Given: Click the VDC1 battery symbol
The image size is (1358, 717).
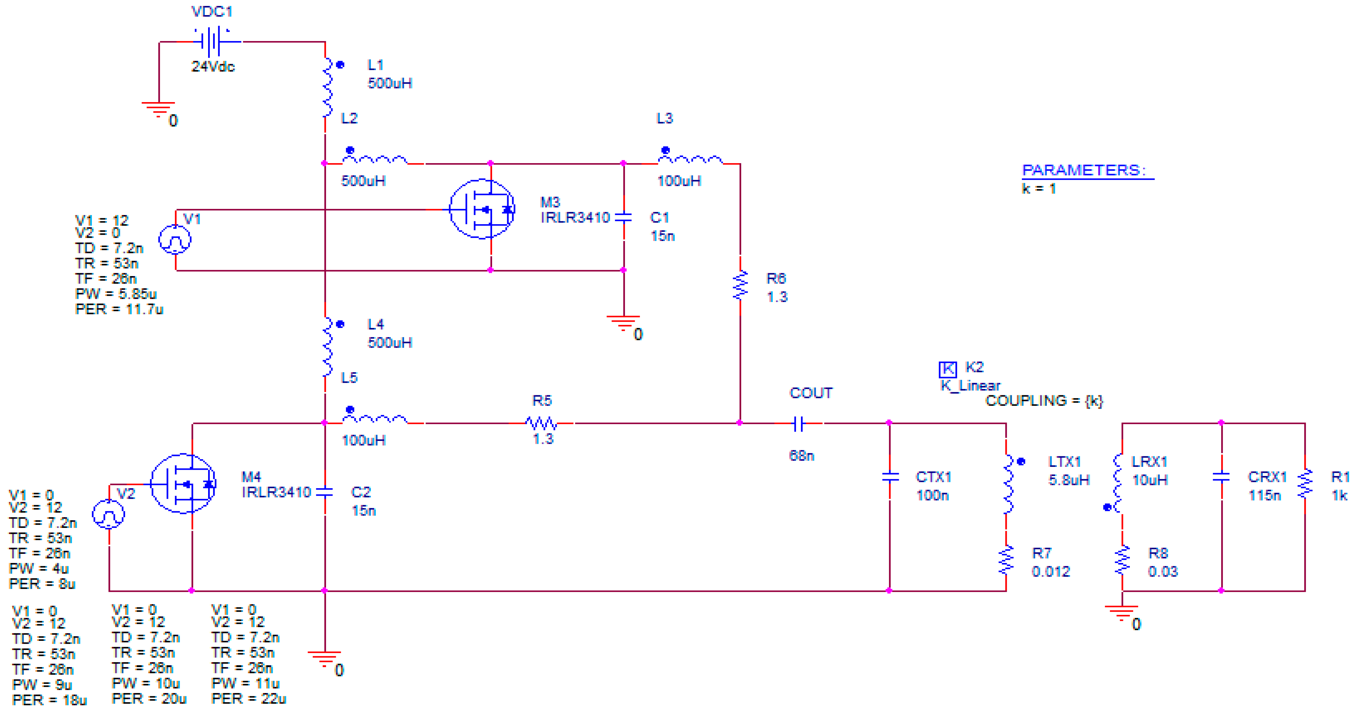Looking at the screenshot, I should click(213, 41).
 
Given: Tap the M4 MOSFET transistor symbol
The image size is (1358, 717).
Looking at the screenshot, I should click(183, 484).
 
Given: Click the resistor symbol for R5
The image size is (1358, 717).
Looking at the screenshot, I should click(541, 423).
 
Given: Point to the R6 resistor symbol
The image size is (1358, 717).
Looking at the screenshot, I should click(740, 286).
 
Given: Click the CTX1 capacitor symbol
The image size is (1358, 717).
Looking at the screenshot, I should click(890, 477).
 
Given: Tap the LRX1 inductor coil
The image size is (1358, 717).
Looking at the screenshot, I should click(1119, 484).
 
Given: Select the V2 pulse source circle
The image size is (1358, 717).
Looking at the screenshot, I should click(109, 514).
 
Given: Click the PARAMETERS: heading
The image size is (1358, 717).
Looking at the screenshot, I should click(1084, 170).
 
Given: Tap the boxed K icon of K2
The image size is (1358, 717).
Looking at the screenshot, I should click(947, 369).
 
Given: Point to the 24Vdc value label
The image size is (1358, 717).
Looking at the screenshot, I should click(213, 66).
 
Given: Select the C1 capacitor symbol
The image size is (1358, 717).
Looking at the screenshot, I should click(624, 217).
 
